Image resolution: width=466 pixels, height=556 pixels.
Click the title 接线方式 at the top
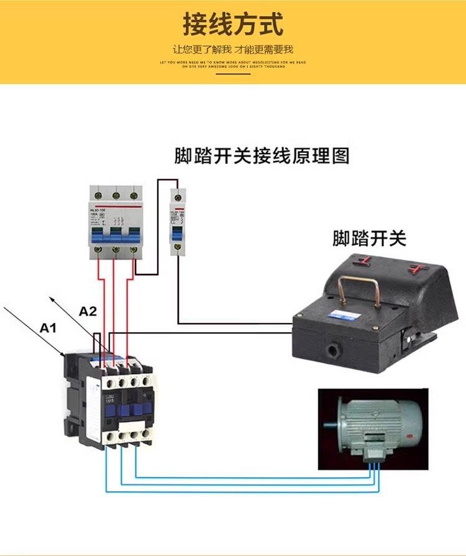click(233, 25)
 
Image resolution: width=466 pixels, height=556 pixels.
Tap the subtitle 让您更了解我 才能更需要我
click(233, 49)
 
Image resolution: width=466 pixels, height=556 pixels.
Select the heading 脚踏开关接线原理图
click(262, 155)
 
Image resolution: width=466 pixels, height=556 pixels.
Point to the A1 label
click(48, 327)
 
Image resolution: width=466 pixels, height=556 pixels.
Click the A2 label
click(88, 312)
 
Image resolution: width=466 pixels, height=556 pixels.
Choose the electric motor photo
click(373, 429)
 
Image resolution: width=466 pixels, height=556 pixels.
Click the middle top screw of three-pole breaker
click(116, 195)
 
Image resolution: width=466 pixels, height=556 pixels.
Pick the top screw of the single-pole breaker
click(178, 196)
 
